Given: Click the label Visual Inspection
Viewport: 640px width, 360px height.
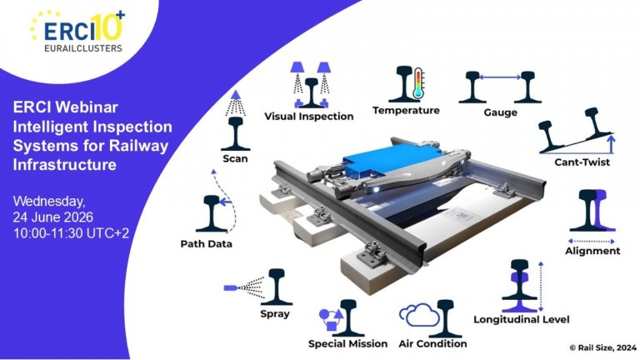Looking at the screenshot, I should pos(309,117).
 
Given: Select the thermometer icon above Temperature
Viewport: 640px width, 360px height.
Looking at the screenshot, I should pos(418,84).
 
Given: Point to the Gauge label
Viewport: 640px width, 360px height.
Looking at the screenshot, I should pos(500,112).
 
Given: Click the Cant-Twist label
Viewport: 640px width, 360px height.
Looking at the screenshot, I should pos(582,162).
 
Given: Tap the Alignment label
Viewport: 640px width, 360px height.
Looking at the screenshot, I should pos(592,251).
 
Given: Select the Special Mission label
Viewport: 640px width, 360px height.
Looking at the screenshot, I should pos(347,343).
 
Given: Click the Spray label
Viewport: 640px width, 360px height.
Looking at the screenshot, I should pos(275,314).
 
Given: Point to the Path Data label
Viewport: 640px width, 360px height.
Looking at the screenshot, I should pos(206,244).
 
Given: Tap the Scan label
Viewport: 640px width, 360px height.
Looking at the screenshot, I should pos(236,158).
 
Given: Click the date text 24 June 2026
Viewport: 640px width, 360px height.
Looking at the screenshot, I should pos(60,217).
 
